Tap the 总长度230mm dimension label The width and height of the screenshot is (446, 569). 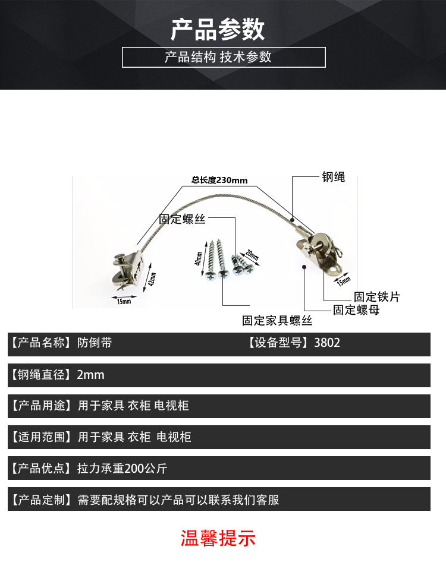219,180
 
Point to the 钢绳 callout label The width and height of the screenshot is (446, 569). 333,177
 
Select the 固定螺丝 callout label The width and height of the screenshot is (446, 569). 182,219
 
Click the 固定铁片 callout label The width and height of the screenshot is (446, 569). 377,296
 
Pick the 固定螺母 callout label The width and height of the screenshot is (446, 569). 356,309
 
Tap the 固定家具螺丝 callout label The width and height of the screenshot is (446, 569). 277,321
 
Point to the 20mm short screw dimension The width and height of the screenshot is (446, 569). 252,256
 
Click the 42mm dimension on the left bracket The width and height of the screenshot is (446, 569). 152,278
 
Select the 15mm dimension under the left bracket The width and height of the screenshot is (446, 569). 124,301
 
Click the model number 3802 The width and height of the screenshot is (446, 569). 327,343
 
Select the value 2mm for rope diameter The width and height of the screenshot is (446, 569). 90,375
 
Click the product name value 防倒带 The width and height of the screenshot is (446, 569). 94,343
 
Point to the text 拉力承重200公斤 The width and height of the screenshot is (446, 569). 122,469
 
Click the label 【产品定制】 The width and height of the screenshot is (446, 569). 40,500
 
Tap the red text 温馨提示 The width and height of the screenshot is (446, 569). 218,539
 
